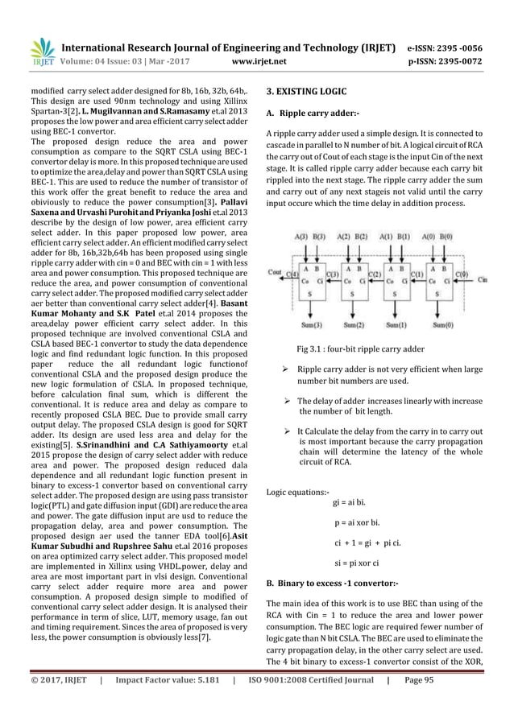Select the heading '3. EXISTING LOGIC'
tap(308, 93)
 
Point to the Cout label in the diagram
tap(275, 273)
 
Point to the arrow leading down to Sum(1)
tap(395, 310)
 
